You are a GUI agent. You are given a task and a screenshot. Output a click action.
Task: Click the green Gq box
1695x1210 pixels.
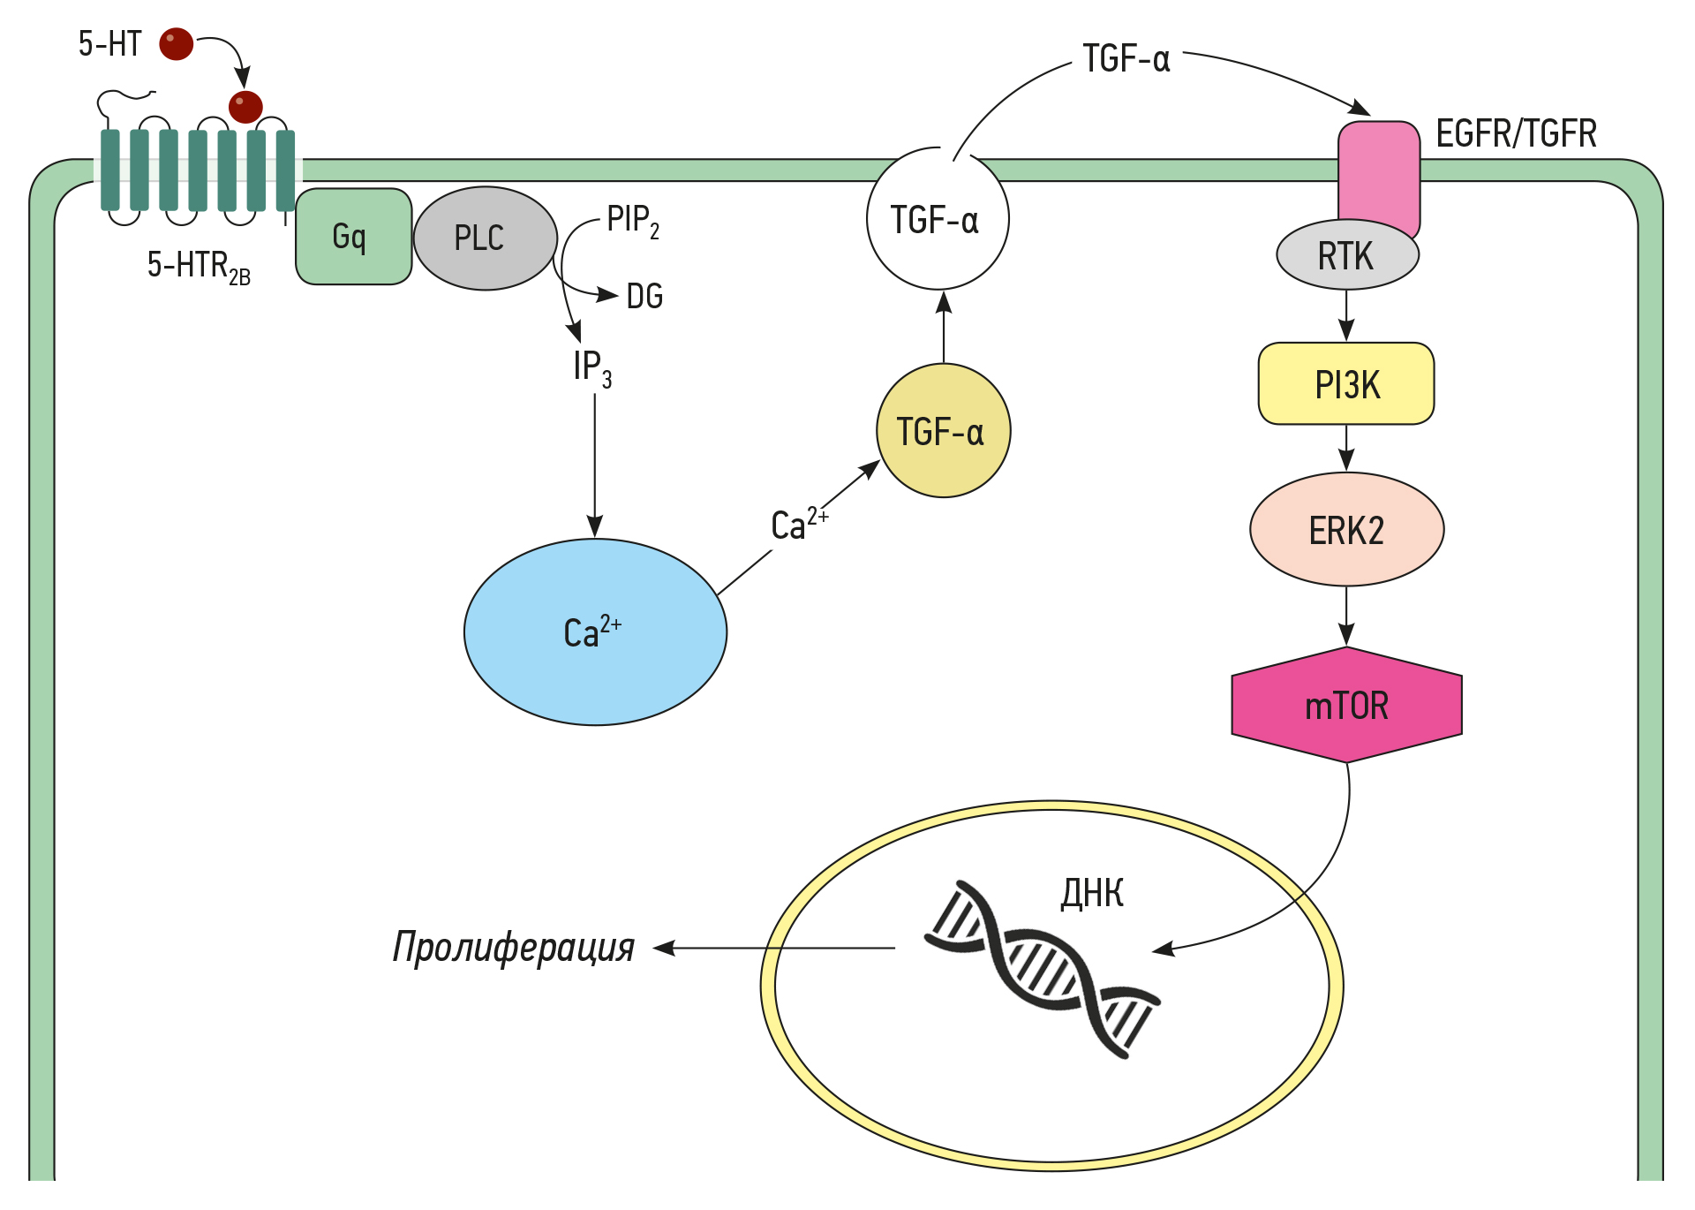[353, 237]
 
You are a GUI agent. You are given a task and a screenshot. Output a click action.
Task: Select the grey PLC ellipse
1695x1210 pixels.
[485, 238]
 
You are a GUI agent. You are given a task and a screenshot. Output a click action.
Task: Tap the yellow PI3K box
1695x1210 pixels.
[1345, 384]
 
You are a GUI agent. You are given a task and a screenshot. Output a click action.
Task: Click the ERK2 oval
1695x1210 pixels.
[1346, 530]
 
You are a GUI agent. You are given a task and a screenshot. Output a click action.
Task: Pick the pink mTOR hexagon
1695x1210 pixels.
[1346, 705]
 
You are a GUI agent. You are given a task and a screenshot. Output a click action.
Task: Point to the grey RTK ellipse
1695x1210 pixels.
[1346, 256]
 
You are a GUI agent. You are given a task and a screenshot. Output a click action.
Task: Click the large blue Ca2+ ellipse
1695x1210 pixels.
[595, 632]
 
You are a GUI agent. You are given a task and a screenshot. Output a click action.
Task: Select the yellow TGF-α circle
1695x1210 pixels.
[942, 431]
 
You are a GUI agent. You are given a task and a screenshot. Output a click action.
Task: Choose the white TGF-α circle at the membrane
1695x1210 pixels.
[937, 219]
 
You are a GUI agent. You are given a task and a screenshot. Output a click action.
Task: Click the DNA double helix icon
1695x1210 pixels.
[1042, 969]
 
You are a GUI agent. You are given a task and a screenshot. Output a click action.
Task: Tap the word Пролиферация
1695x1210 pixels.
[513, 948]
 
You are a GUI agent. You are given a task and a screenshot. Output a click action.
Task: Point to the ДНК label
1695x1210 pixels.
[1092, 894]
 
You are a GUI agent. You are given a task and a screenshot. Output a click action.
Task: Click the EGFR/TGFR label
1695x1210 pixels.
[1516, 134]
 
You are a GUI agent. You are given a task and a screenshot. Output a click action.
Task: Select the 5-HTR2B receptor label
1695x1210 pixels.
[198, 266]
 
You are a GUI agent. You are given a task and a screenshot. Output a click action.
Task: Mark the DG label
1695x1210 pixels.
[644, 297]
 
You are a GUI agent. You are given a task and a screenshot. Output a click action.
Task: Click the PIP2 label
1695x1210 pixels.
[632, 221]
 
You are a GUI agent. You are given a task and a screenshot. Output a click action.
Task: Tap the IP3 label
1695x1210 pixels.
[591, 367]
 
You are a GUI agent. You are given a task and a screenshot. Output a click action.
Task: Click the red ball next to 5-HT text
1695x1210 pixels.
[176, 43]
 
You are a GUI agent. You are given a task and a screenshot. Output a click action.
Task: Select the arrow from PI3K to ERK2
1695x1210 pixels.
[1346, 448]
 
